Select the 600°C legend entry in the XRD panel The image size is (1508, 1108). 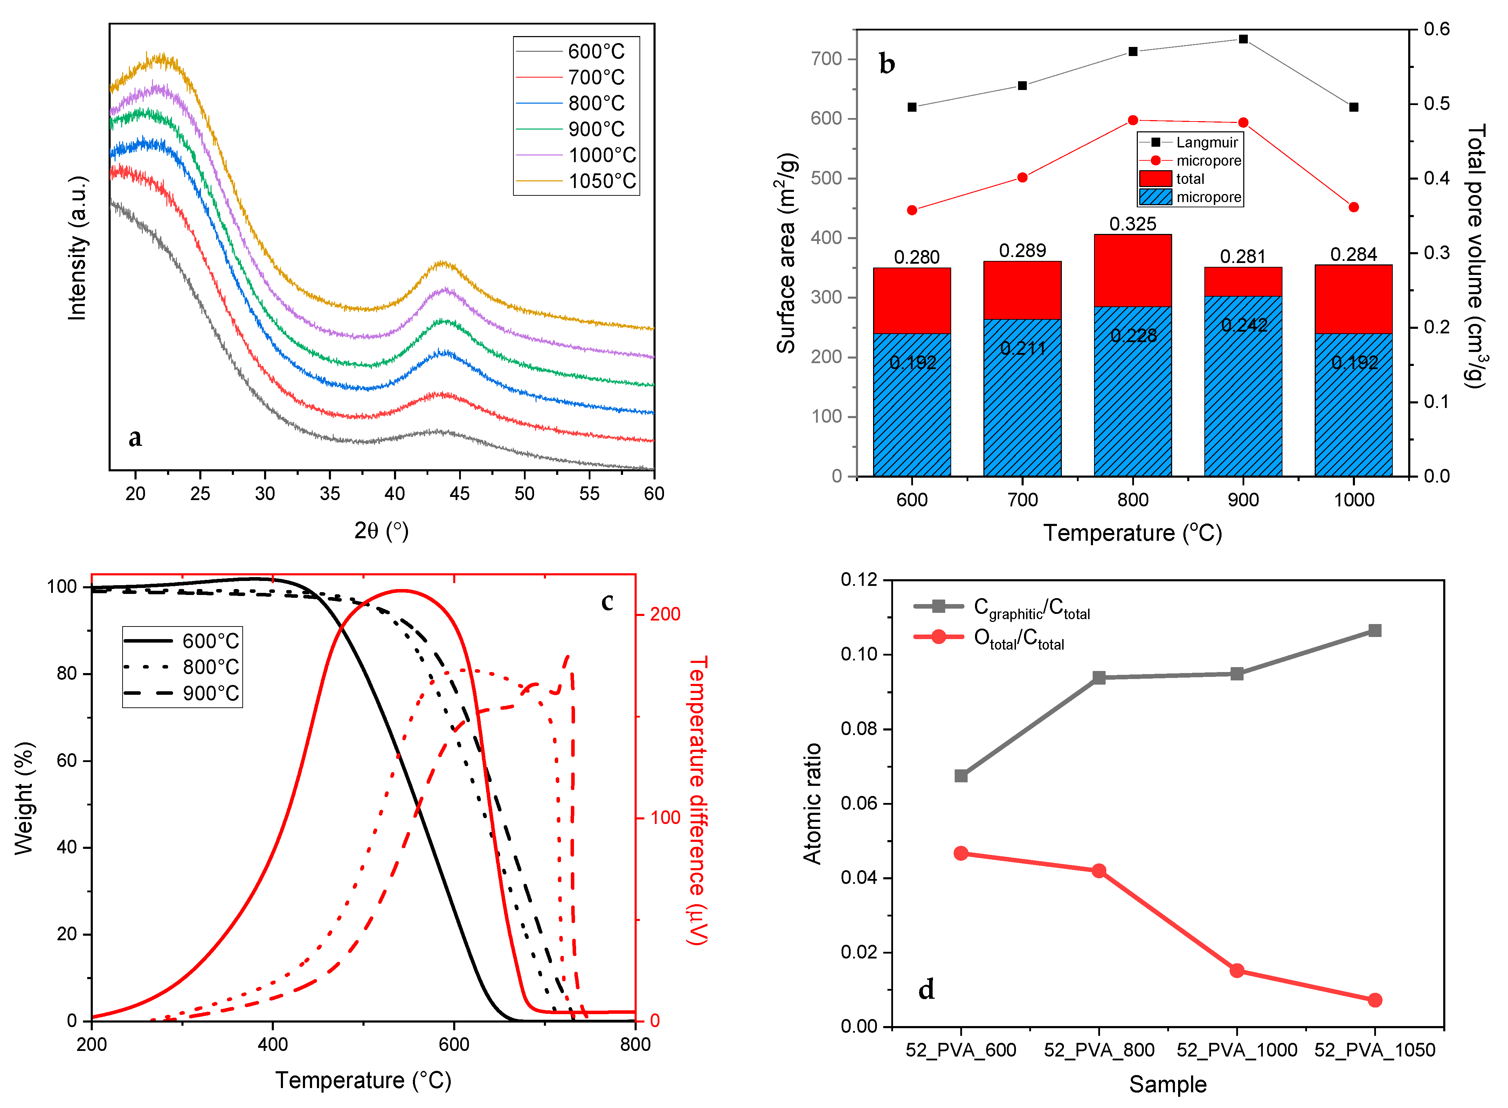(596, 51)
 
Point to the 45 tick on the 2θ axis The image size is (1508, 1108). (459, 494)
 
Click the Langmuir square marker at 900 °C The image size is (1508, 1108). (1243, 39)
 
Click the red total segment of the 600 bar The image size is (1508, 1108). (912, 300)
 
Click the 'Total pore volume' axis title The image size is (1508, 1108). (1476, 255)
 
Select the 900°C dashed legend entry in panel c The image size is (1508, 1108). (210, 693)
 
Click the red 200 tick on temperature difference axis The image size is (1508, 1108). (665, 614)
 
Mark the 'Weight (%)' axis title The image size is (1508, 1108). (24, 798)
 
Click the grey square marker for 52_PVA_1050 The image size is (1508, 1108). (1375, 630)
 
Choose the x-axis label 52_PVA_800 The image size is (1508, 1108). (1099, 1050)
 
